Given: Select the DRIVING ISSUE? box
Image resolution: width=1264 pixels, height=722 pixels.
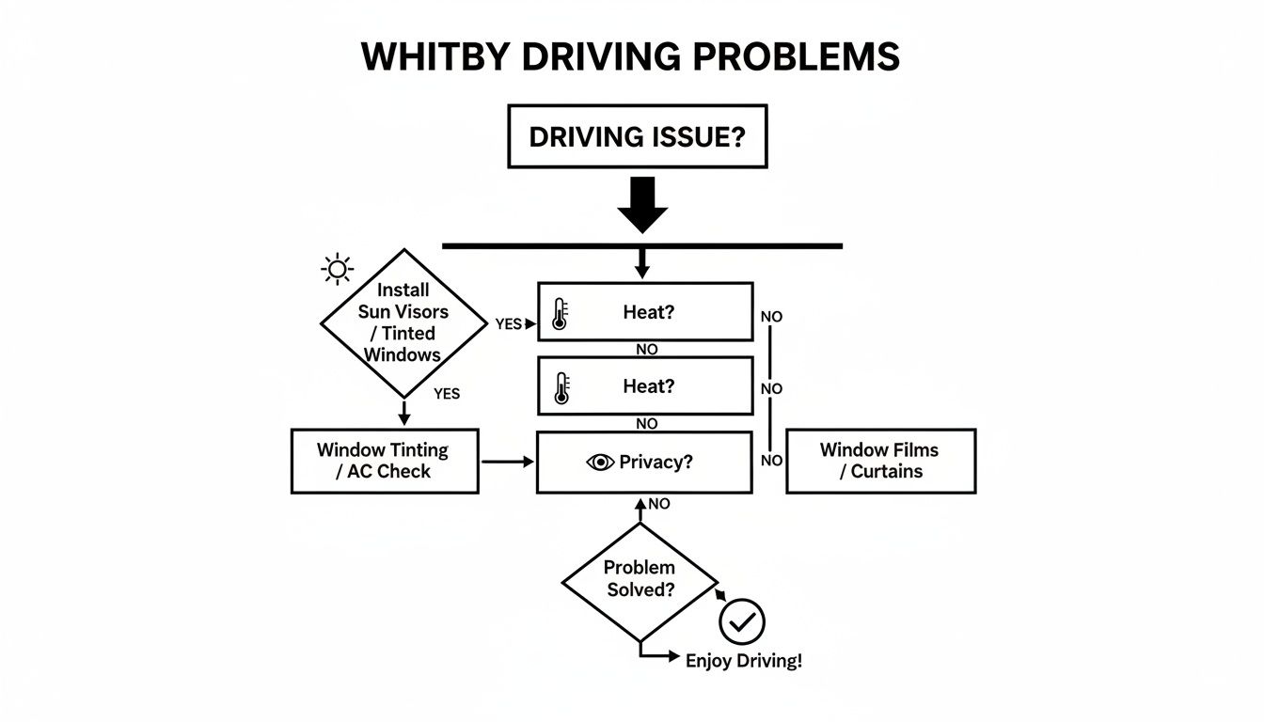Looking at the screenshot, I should [637, 137].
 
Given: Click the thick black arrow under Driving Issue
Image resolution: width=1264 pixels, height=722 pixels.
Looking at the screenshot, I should [642, 204].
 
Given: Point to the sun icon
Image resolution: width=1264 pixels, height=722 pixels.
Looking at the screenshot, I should [337, 270].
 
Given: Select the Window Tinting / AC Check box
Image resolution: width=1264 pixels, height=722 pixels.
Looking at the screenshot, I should [385, 461].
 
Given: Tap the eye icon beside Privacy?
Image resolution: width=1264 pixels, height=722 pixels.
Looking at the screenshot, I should [599, 463].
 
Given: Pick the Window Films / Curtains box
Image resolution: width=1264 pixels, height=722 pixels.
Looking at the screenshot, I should [880, 461].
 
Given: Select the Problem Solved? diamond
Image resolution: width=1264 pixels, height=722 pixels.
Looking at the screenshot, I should [640, 580].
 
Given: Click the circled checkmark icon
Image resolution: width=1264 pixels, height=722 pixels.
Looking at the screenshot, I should [742, 621].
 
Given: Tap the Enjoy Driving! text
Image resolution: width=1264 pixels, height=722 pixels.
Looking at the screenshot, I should [743, 660].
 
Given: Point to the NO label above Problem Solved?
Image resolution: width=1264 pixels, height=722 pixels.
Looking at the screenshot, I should [658, 504].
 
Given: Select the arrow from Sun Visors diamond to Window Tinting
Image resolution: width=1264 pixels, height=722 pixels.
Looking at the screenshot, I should [404, 412].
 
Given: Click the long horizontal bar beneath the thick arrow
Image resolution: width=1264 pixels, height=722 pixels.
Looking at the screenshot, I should [642, 246].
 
